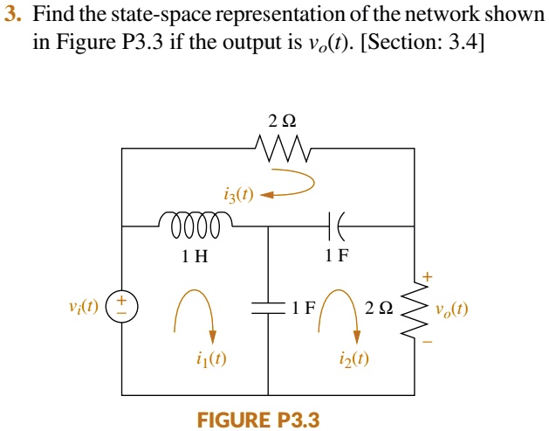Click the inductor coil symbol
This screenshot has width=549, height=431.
coord(195,226)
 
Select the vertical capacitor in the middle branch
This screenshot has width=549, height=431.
coord(268,308)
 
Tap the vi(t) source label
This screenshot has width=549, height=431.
coord(83,308)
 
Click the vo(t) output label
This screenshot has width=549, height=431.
coord(450,309)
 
